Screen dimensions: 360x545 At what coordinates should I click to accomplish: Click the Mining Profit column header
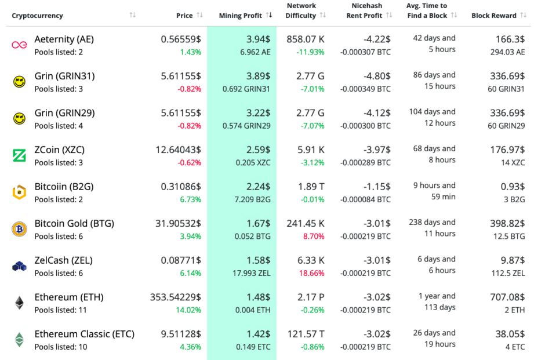coord(241,16)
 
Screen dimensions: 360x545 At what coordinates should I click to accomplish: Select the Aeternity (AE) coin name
coord(64,39)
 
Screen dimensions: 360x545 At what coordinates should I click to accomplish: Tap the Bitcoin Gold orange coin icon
coord(19,229)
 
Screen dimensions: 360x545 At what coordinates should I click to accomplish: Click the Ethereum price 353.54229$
coord(175,297)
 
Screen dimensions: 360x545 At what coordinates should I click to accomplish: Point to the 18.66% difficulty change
coord(312,273)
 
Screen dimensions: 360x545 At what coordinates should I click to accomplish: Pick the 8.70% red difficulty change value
coord(314,236)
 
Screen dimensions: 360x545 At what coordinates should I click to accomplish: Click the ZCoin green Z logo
coord(19,155)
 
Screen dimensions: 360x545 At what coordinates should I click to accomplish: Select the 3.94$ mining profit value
coord(257,39)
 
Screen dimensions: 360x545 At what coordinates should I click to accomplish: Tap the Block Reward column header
coord(493,16)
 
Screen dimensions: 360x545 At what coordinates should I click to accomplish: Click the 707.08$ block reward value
coord(508,297)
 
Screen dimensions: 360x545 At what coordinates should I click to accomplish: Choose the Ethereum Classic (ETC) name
coord(84,334)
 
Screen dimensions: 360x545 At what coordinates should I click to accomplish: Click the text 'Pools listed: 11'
coord(60,310)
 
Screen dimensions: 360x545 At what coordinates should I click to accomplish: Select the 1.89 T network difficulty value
coord(306,187)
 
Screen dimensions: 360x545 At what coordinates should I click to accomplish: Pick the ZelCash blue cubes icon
coord(19,266)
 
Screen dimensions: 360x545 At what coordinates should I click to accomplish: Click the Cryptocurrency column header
coord(38,16)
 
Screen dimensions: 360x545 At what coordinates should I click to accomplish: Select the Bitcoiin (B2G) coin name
coord(64,187)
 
